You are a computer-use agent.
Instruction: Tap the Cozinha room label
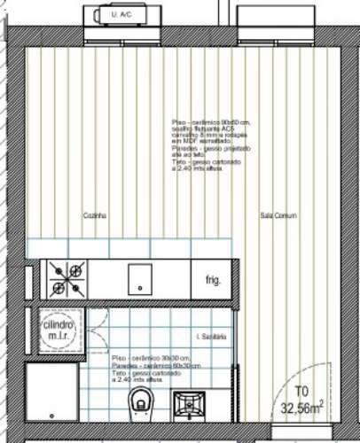point(95,215)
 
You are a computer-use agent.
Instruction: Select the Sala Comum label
point(278,215)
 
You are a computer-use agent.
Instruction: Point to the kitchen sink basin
point(141,280)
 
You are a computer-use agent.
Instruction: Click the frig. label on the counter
point(213,280)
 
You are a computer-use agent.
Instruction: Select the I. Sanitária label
point(211,338)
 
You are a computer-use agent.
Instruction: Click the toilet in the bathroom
point(140,403)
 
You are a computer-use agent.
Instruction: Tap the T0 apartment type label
point(301,391)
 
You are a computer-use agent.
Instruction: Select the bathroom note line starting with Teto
point(146,374)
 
